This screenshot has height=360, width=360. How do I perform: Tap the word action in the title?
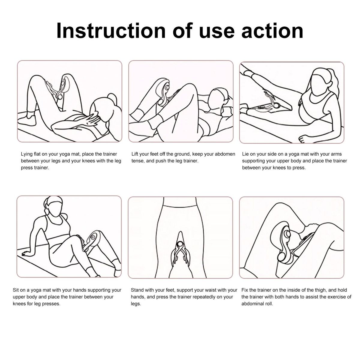point(272,31)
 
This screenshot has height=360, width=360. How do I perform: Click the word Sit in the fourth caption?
point(16,290)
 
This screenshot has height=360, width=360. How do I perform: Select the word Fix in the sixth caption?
point(245,290)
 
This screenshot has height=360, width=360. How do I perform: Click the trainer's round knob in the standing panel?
point(181,244)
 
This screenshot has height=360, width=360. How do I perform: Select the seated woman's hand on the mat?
point(26,254)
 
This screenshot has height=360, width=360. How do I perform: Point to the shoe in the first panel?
point(27,120)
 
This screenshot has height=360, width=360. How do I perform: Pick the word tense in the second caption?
point(138,161)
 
